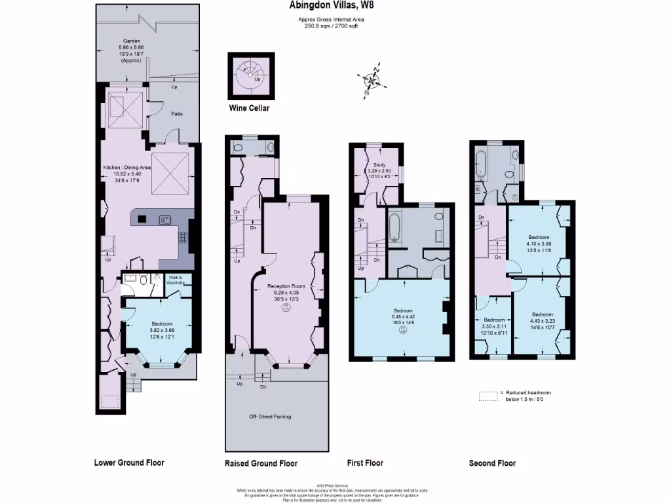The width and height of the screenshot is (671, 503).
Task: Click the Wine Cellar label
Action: tap(249, 108)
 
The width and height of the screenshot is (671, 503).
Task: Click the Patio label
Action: tap(177, 114)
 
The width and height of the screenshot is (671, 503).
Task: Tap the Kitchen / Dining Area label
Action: tap(127, 168)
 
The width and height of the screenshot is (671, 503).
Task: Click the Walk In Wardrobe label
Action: tap(175, 280)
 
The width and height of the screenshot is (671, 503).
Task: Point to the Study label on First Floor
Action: tap(379, 165)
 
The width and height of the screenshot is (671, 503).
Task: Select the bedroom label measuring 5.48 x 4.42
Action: tap(403, 310)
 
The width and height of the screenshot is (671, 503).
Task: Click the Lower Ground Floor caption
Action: tap(128, 463)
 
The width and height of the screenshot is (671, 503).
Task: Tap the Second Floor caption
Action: tap(492, 463)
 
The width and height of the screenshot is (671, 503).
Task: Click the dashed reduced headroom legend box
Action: tap(488, 396)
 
